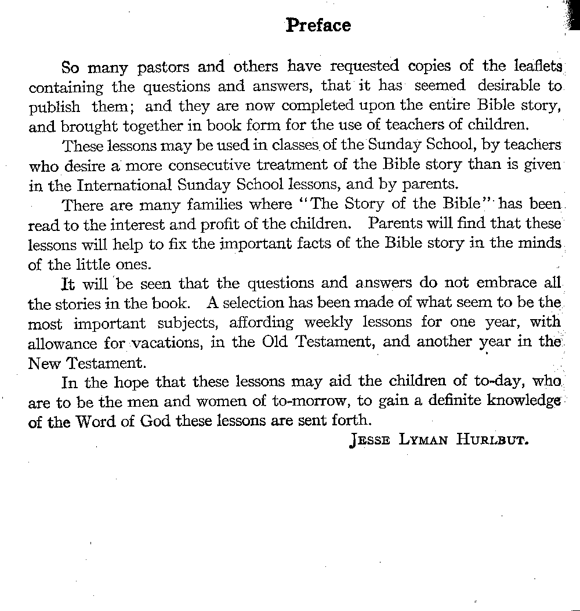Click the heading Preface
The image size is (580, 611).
coord(318,26)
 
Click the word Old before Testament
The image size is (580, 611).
coord(274,342)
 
